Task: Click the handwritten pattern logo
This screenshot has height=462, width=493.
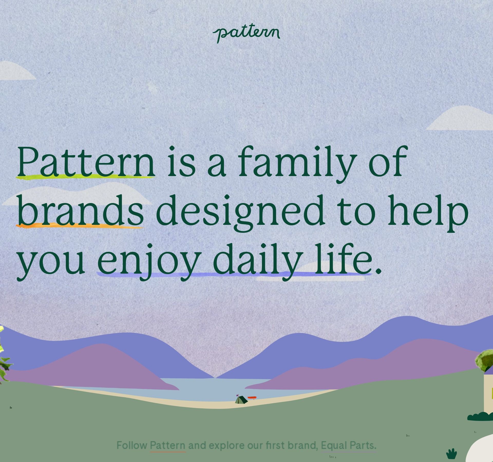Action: (x=246, y=34)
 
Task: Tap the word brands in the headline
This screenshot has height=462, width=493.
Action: (x=80, y=211)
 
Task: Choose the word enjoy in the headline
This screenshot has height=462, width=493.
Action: (x=149, y=263)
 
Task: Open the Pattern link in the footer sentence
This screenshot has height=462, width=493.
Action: (x=168, y=445)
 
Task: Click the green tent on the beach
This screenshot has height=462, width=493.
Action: (x=241, y=407)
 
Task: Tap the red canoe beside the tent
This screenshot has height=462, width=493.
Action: (x=252, y=405)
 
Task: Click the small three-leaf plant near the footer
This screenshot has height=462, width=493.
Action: (x=452, y=454)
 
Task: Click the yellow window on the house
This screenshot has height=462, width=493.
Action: (x=491, y=393)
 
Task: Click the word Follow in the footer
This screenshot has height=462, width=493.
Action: (x=132, y=445)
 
